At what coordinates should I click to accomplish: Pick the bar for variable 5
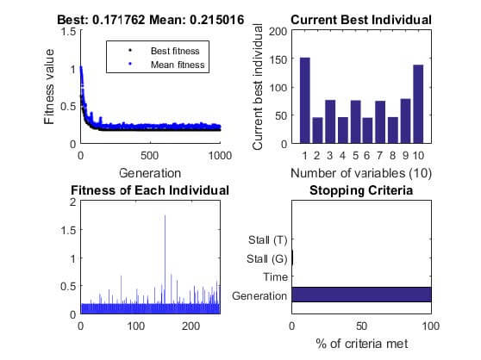coord(355,121)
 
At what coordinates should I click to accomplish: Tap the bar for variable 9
coord(405,121)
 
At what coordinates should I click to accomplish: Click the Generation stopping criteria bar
coord(361,295)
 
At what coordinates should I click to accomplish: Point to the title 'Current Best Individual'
coord(361,20)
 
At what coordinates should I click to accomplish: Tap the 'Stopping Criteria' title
coord(361,189)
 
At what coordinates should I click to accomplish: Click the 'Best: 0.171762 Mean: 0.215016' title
coord(150,20)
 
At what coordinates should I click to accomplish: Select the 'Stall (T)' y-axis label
coord(268,239)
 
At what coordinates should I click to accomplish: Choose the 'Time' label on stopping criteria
coord(273,277)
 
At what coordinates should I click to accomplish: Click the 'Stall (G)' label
coord(267,258)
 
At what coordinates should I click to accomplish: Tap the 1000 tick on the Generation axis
coord(220,156)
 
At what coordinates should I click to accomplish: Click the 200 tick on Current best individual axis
coord(278,31)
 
